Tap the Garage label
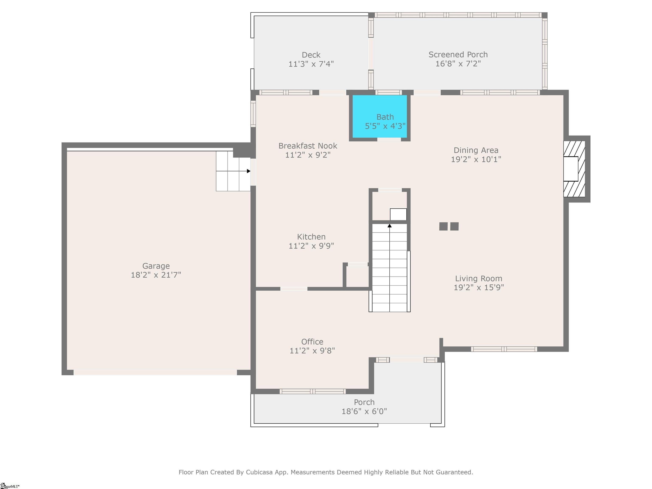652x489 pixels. (x=156, y=266)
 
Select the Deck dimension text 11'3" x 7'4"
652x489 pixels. (x=311, y=64)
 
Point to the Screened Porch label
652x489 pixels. (x=458, y=55)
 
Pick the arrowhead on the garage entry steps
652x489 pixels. (x=249, y=171)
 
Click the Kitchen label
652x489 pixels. (x=311, y=237)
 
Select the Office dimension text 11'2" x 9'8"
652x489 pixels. (x=312, y=350)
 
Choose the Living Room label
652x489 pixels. (x=478, y=278)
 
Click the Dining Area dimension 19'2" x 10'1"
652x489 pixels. (x=476, y=159)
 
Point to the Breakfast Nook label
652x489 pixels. (x=308, y=146)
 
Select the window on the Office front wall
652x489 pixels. (x=312, y=391)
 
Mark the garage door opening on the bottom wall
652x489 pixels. (x=155, y=372)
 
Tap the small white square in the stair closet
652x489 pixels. (x=398, y=214)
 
